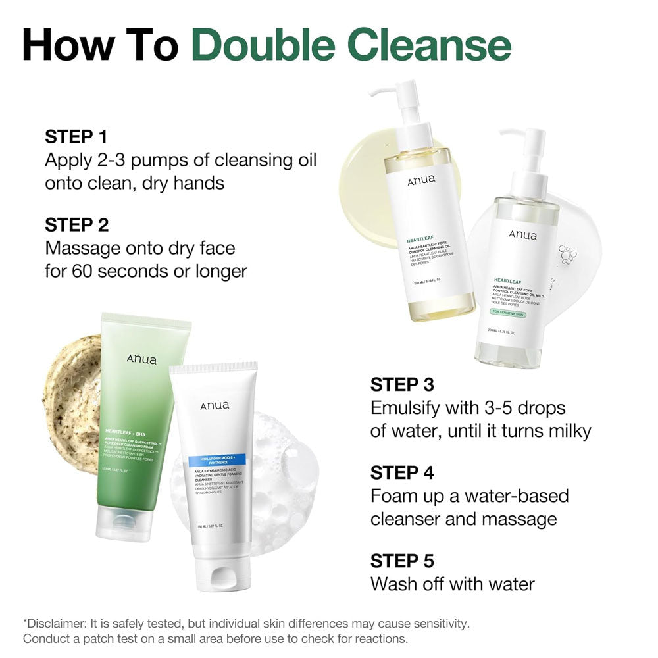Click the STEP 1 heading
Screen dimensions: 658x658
coord(76,137)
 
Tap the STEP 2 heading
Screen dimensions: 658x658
coord(76,224)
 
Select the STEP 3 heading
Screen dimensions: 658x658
coord(402,384)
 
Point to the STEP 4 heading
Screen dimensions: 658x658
coord(403,472)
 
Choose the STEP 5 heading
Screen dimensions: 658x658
coord(402,561)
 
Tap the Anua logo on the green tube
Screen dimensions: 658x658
coord(142,359)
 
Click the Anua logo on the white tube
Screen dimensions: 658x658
coord(215,405)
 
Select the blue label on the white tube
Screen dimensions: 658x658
coord(211,462)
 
